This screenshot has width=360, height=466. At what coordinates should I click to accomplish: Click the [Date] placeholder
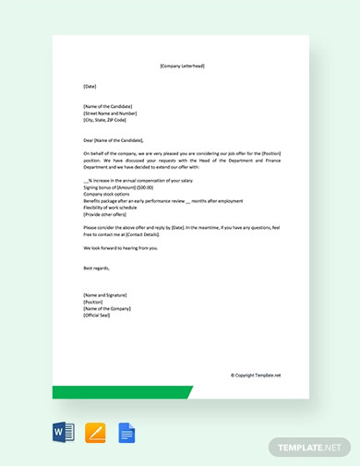(90, 86)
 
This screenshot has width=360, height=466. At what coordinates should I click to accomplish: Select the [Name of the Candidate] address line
(107, 106)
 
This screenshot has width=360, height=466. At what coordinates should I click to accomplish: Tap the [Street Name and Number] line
(109, 113)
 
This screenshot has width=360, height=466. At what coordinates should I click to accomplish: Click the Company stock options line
(105, 195)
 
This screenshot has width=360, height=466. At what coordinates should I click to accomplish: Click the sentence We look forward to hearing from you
(121, 248)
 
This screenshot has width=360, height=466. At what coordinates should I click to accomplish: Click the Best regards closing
(96, 268)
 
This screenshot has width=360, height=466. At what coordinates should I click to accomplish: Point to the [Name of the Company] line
(107, 308)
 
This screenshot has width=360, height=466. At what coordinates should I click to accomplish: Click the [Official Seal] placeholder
(97, 315)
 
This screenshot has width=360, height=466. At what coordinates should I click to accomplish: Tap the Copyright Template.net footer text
(255, 375)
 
